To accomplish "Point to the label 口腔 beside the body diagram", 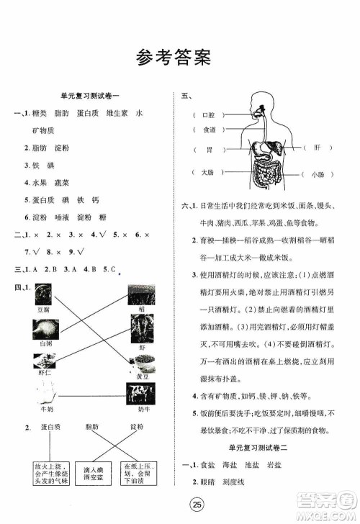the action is [x=209, y=114].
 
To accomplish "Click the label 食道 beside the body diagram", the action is [x=209, y=130].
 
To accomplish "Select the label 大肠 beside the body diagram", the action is [x=208, y=173].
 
